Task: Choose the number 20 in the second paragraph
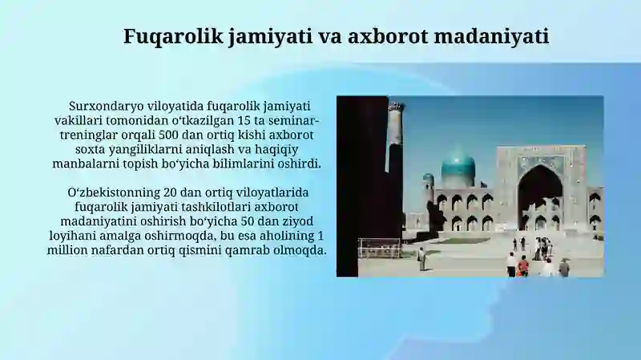coord(170,192)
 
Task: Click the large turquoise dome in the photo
coord(458,168)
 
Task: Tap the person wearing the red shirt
coord(523,265)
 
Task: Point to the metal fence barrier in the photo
coord(379,248)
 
